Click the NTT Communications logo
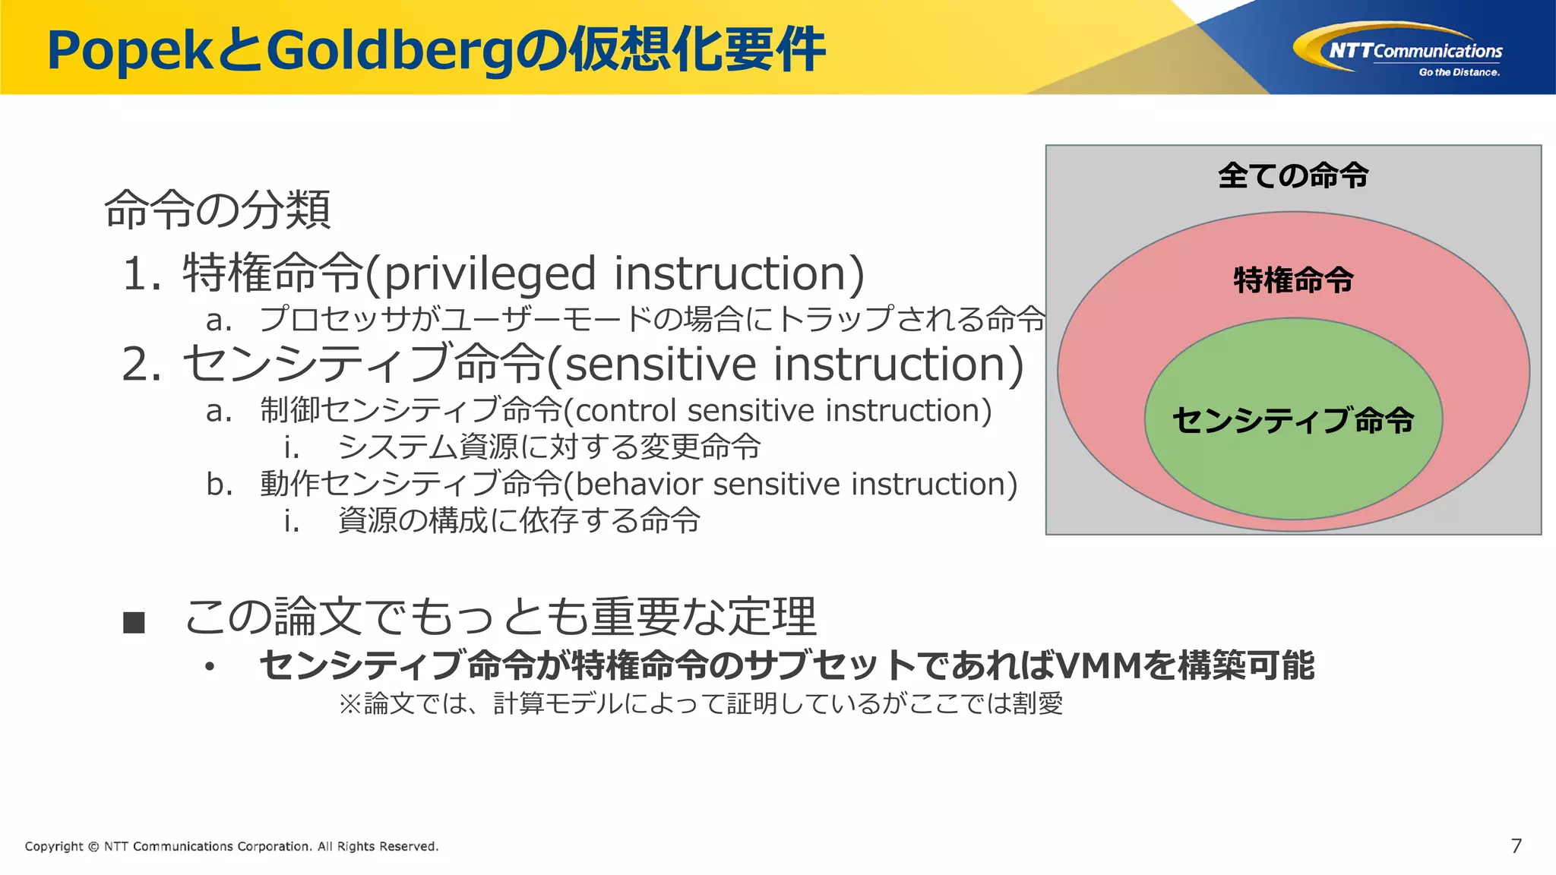tap(1398, 50)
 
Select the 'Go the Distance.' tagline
tap(1459, 73)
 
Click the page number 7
tap(1516, 846)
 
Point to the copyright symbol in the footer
tap(93, 847)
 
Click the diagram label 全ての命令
tap(1293, 175)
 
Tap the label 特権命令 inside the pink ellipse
tap(1293, 280)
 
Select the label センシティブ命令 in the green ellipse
tap(1293, 420)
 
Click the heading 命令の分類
tap(217, 210)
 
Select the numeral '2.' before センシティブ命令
tap(142, 365)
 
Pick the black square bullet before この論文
tap(134, 623)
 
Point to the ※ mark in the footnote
tap(349, 704)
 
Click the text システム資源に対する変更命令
tap(549, 447)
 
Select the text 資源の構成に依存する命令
tap(518, 521)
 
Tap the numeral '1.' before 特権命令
tap(142, 274)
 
